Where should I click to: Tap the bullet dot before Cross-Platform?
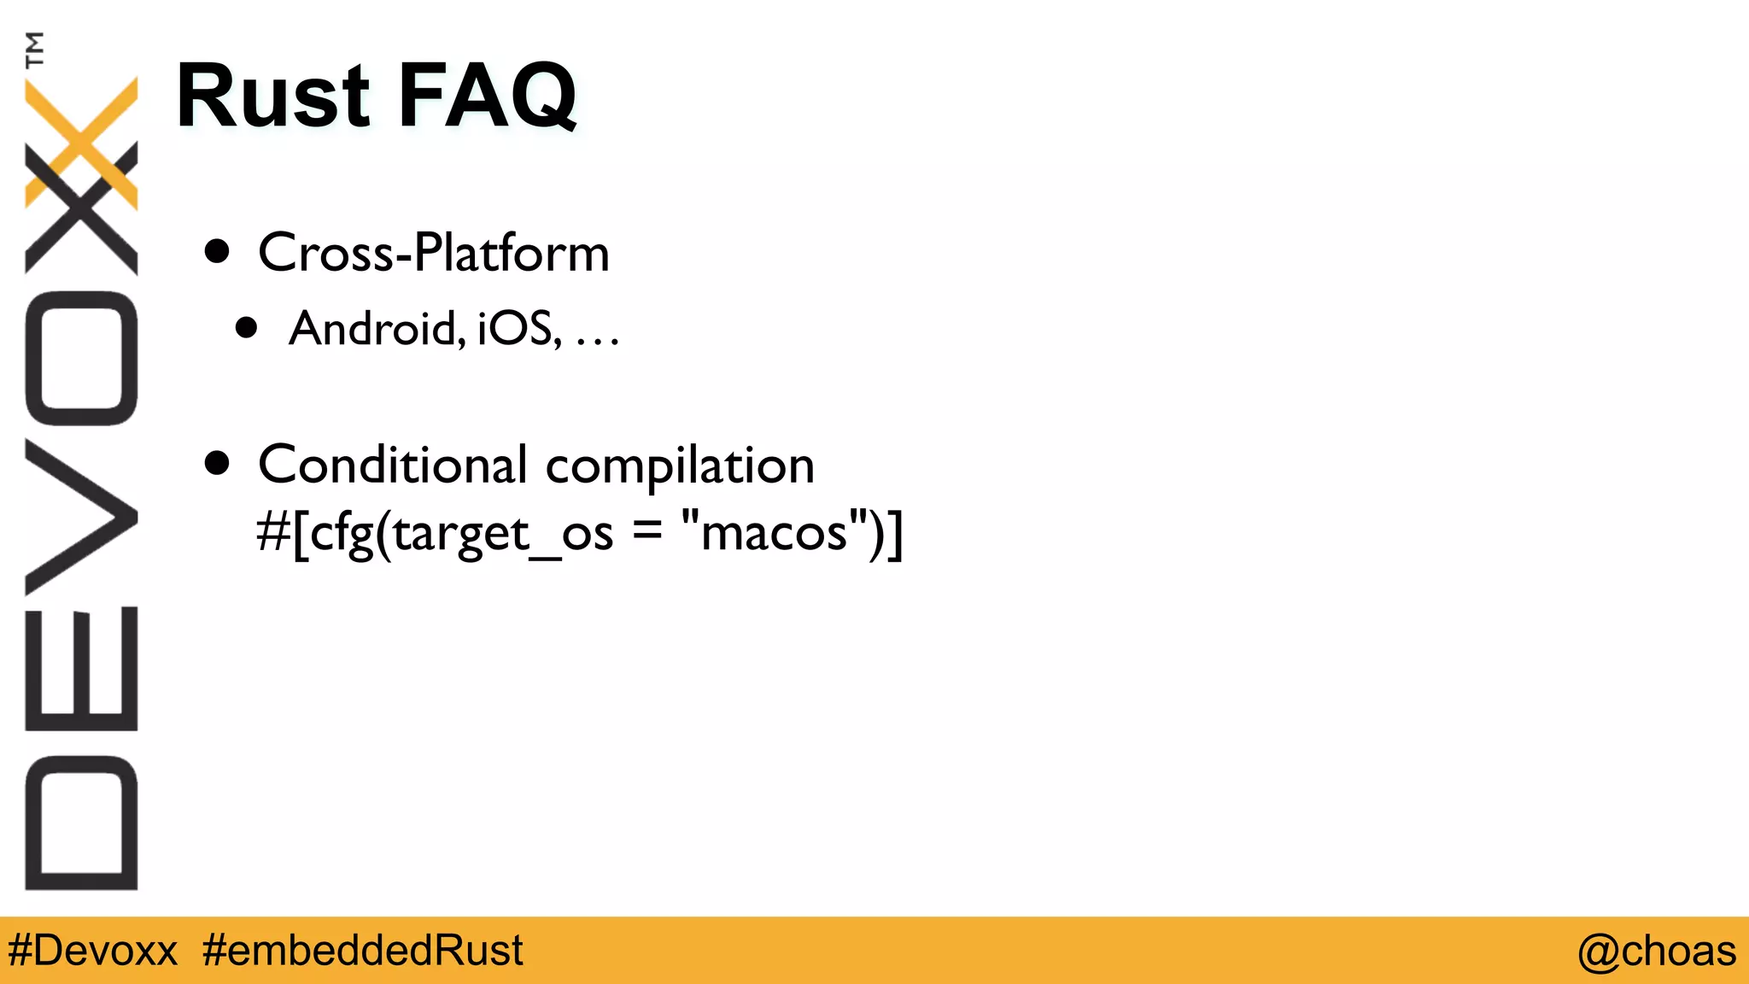[218, 251]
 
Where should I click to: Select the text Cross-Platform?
[433, 253]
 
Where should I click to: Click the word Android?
[377, 328]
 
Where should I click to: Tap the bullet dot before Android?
[247, 327]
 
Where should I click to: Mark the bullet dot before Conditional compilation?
[218, 463]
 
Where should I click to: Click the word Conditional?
[392, 465]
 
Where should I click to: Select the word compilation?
[679, 466]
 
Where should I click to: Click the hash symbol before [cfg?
[272, 532]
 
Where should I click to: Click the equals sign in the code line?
[647, 531]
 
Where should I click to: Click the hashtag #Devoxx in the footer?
[92, 951]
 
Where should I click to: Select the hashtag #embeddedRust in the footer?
[363, 951]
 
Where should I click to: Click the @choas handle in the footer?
[1656, 951]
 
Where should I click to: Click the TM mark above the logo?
[35, 49]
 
